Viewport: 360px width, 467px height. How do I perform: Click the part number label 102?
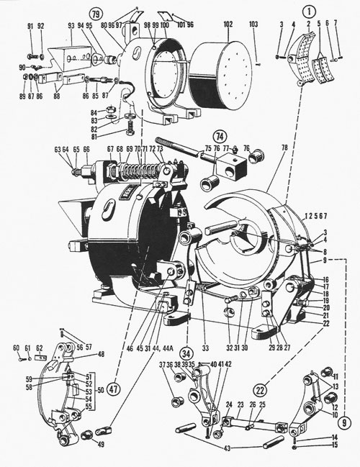tap(228, 24)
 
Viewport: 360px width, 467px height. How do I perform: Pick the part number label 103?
tap(253, 24)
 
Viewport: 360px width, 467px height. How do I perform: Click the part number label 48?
tap(101, 354)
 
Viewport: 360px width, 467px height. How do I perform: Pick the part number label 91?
tap(30, 26)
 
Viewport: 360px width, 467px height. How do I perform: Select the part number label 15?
tap(335, 445)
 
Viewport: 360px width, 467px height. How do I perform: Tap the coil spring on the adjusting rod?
tap(133, 173)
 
